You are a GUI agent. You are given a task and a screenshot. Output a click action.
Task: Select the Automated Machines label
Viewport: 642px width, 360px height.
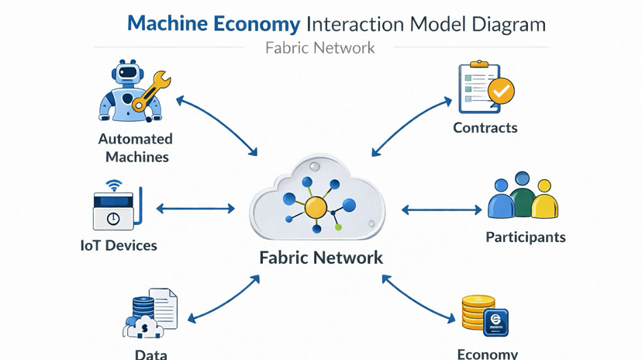pos(135,147)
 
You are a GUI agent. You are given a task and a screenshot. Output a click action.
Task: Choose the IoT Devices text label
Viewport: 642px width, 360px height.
pos(119,245)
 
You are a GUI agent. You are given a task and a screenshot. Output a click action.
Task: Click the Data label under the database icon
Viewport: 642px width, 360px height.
pos(150,354)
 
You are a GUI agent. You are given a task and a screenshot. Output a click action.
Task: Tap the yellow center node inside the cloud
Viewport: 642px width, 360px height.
pos(316,207)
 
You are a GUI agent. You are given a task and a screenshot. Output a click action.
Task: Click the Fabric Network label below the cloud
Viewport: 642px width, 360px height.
pos(321,258)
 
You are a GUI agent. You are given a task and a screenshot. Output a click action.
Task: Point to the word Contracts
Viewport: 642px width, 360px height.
pos(485,127)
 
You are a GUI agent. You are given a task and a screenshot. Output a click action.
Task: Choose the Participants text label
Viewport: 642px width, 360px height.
pos(525,237)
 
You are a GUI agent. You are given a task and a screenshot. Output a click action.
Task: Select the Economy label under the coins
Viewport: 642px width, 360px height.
pos(487,354)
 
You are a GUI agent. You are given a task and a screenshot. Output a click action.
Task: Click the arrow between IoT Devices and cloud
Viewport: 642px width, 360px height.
pos(195,209)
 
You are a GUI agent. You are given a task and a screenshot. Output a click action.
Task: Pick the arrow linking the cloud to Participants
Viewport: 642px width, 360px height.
pos(441,209)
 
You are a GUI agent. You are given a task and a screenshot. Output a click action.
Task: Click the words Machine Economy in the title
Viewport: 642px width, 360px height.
pos(215,24)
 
